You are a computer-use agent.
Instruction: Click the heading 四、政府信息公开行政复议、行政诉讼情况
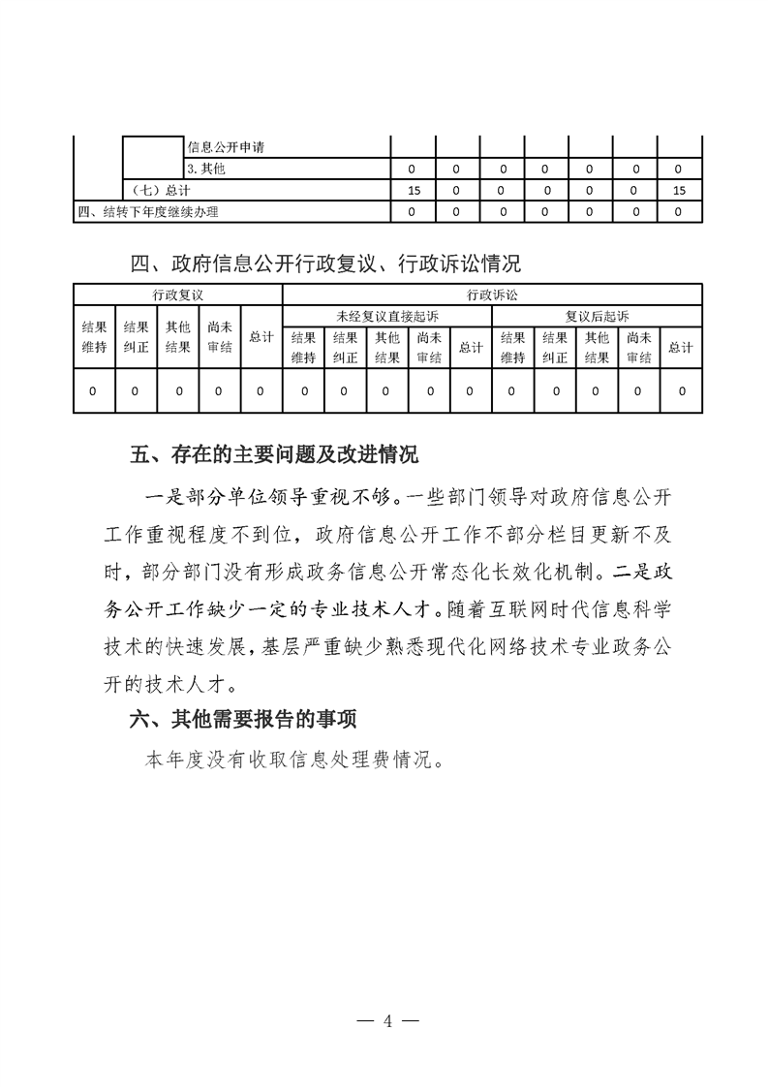325,263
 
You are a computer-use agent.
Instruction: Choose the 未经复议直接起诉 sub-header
386,316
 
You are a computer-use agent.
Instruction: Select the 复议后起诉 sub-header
597,316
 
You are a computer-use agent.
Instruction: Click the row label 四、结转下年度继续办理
149,211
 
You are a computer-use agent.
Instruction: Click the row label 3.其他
206,170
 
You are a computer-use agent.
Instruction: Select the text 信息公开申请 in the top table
227,148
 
